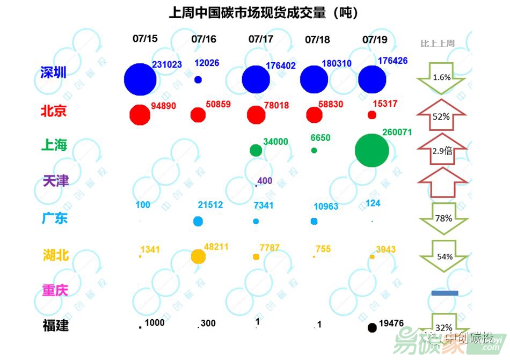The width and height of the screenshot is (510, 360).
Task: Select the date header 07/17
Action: pyautogui.click(x=261, y=39)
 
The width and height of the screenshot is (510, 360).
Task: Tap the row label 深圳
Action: pyautogui.click(x=54, y=72)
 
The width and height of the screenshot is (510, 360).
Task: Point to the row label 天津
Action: pyautogui.click(x=56, y=180)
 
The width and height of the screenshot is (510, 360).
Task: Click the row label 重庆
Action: pyautogui.click(x=55, y=291)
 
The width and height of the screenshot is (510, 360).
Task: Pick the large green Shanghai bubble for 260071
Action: pyautogui.click(x=371, y=150)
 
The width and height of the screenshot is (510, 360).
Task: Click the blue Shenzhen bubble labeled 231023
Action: pyautogui.click(x=140, y=79)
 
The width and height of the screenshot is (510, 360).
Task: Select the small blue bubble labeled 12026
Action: pyautogui.click(x=198, y=79)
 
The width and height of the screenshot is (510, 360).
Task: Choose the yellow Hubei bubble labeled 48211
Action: pyautogui.click(x=198, y=256)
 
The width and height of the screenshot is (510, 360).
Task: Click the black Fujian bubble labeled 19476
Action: pyautogui.click(x=372, y=327)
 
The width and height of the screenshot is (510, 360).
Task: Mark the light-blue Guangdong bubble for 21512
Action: pyautogui.click(x=198, y=221)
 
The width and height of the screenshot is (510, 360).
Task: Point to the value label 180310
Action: pyautogui.click(x=337, y=63)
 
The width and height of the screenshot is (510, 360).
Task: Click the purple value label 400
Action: pyautogui.click(x=265, y=181)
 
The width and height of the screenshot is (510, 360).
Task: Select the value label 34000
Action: pyautogui.click(x=275, y=142)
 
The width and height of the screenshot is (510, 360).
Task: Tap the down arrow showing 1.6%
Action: pyautogui.click(x=441, y=78)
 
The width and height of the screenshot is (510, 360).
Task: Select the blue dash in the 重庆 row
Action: pyautogui.click(x=445, y=293)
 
